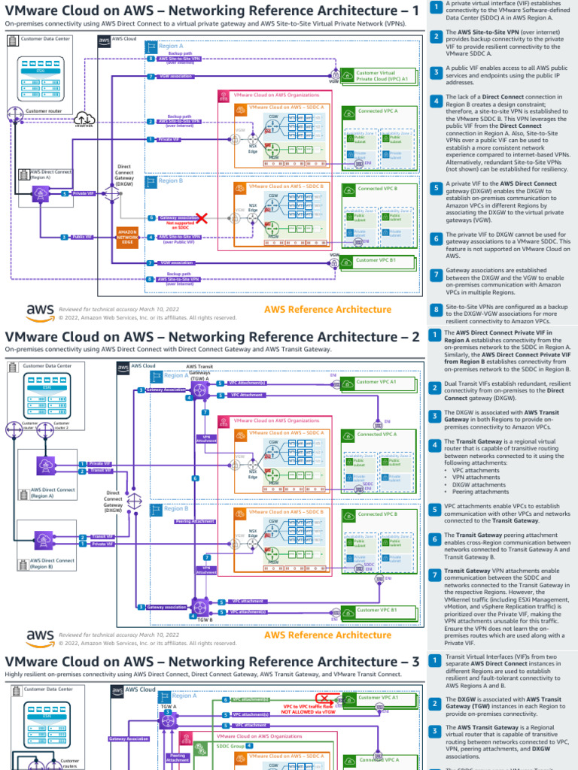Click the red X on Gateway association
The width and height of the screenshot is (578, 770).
[x=201, y=217]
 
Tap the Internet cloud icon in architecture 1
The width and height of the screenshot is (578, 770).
[x=84, y=117]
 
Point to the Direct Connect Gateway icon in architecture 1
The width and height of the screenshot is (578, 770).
[x=112, y=193]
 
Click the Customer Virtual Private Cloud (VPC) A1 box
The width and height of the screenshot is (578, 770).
[x=382, y=76]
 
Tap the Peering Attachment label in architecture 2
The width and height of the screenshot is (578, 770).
[x=193, y=521]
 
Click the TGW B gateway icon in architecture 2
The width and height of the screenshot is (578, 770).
[x=199, y=607]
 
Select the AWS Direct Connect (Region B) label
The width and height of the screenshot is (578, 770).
[x=52, y=563]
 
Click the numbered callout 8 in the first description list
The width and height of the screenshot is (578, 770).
[x=436, y=309]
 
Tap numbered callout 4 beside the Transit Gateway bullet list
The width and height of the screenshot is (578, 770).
[x=436, y=445]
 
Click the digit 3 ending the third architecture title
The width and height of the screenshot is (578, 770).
[x=415, y=661]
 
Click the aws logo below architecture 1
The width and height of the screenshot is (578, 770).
[x=40, y=311]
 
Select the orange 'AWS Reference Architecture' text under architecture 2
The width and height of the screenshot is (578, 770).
[x=327, y=635]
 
